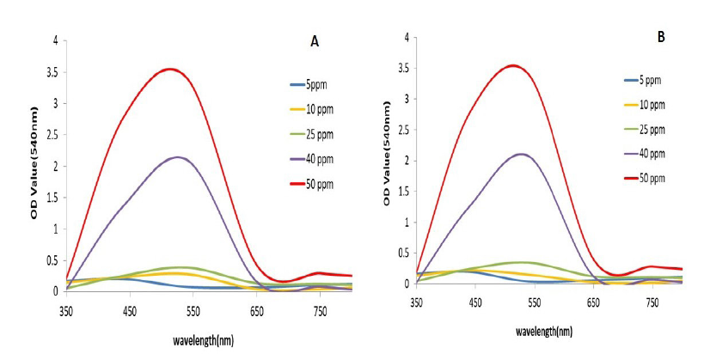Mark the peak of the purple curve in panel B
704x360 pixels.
tap(521, 155)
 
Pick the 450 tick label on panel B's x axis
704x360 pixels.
tap(475, 303)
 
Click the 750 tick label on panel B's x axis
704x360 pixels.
tap(652, 303)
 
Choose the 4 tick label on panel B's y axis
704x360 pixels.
tap(407, 38)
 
